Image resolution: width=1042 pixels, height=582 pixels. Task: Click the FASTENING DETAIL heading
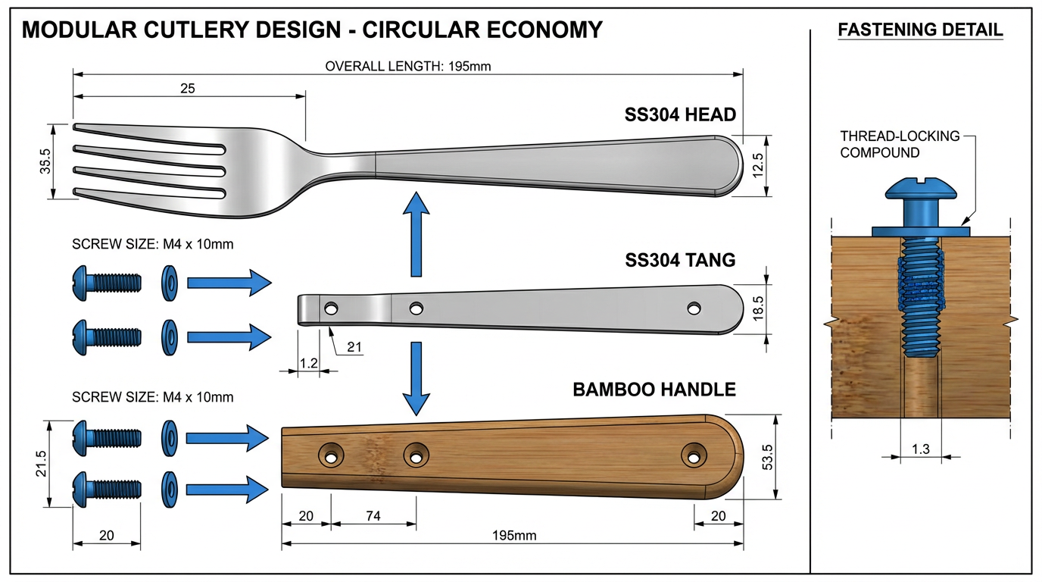click(920, 30)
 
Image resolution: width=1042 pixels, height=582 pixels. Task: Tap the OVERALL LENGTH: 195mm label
click(408, 66)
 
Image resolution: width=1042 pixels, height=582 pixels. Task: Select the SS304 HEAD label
click(680, 115)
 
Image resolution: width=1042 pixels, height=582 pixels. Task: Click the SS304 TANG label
click(680, 260)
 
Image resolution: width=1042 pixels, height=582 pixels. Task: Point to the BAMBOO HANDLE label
click(654, 390)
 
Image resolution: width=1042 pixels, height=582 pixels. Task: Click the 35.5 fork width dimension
click(46, 161)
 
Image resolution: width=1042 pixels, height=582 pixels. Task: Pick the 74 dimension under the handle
click(373, 516)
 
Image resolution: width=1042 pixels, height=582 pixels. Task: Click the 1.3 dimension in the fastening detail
click(920, 449)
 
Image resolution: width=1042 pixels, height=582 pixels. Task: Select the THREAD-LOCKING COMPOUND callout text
click(900, 144)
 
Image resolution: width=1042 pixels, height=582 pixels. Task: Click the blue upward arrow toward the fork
click(415, 234)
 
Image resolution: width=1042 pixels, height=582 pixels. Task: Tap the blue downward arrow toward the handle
click(415, 379)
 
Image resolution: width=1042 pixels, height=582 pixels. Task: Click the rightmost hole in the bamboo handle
click(691, 455)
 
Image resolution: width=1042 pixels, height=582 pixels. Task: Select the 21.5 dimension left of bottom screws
click(41, 464)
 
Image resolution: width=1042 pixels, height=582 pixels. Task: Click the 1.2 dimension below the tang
click(308, 363)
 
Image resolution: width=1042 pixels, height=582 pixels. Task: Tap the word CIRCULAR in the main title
click(419, 30)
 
